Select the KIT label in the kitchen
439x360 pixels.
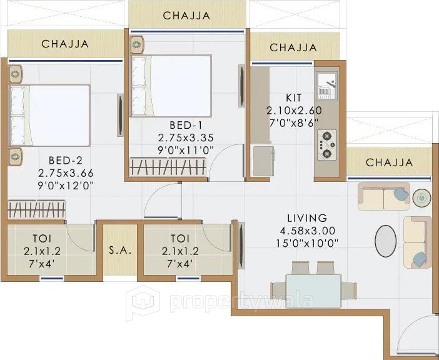(293, 98)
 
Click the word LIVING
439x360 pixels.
(306, 218)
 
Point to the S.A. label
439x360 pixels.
(119, 251)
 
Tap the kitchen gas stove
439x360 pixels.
(326, 145)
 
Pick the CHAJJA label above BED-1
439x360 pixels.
(186, 16)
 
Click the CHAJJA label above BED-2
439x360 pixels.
(65, 44)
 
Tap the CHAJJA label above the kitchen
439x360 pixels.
(293, 47)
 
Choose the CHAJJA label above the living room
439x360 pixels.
(389, 162)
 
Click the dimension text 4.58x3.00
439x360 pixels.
(306, 231)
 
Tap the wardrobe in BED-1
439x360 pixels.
(168, 167)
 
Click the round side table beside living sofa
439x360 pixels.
(422, 197)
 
